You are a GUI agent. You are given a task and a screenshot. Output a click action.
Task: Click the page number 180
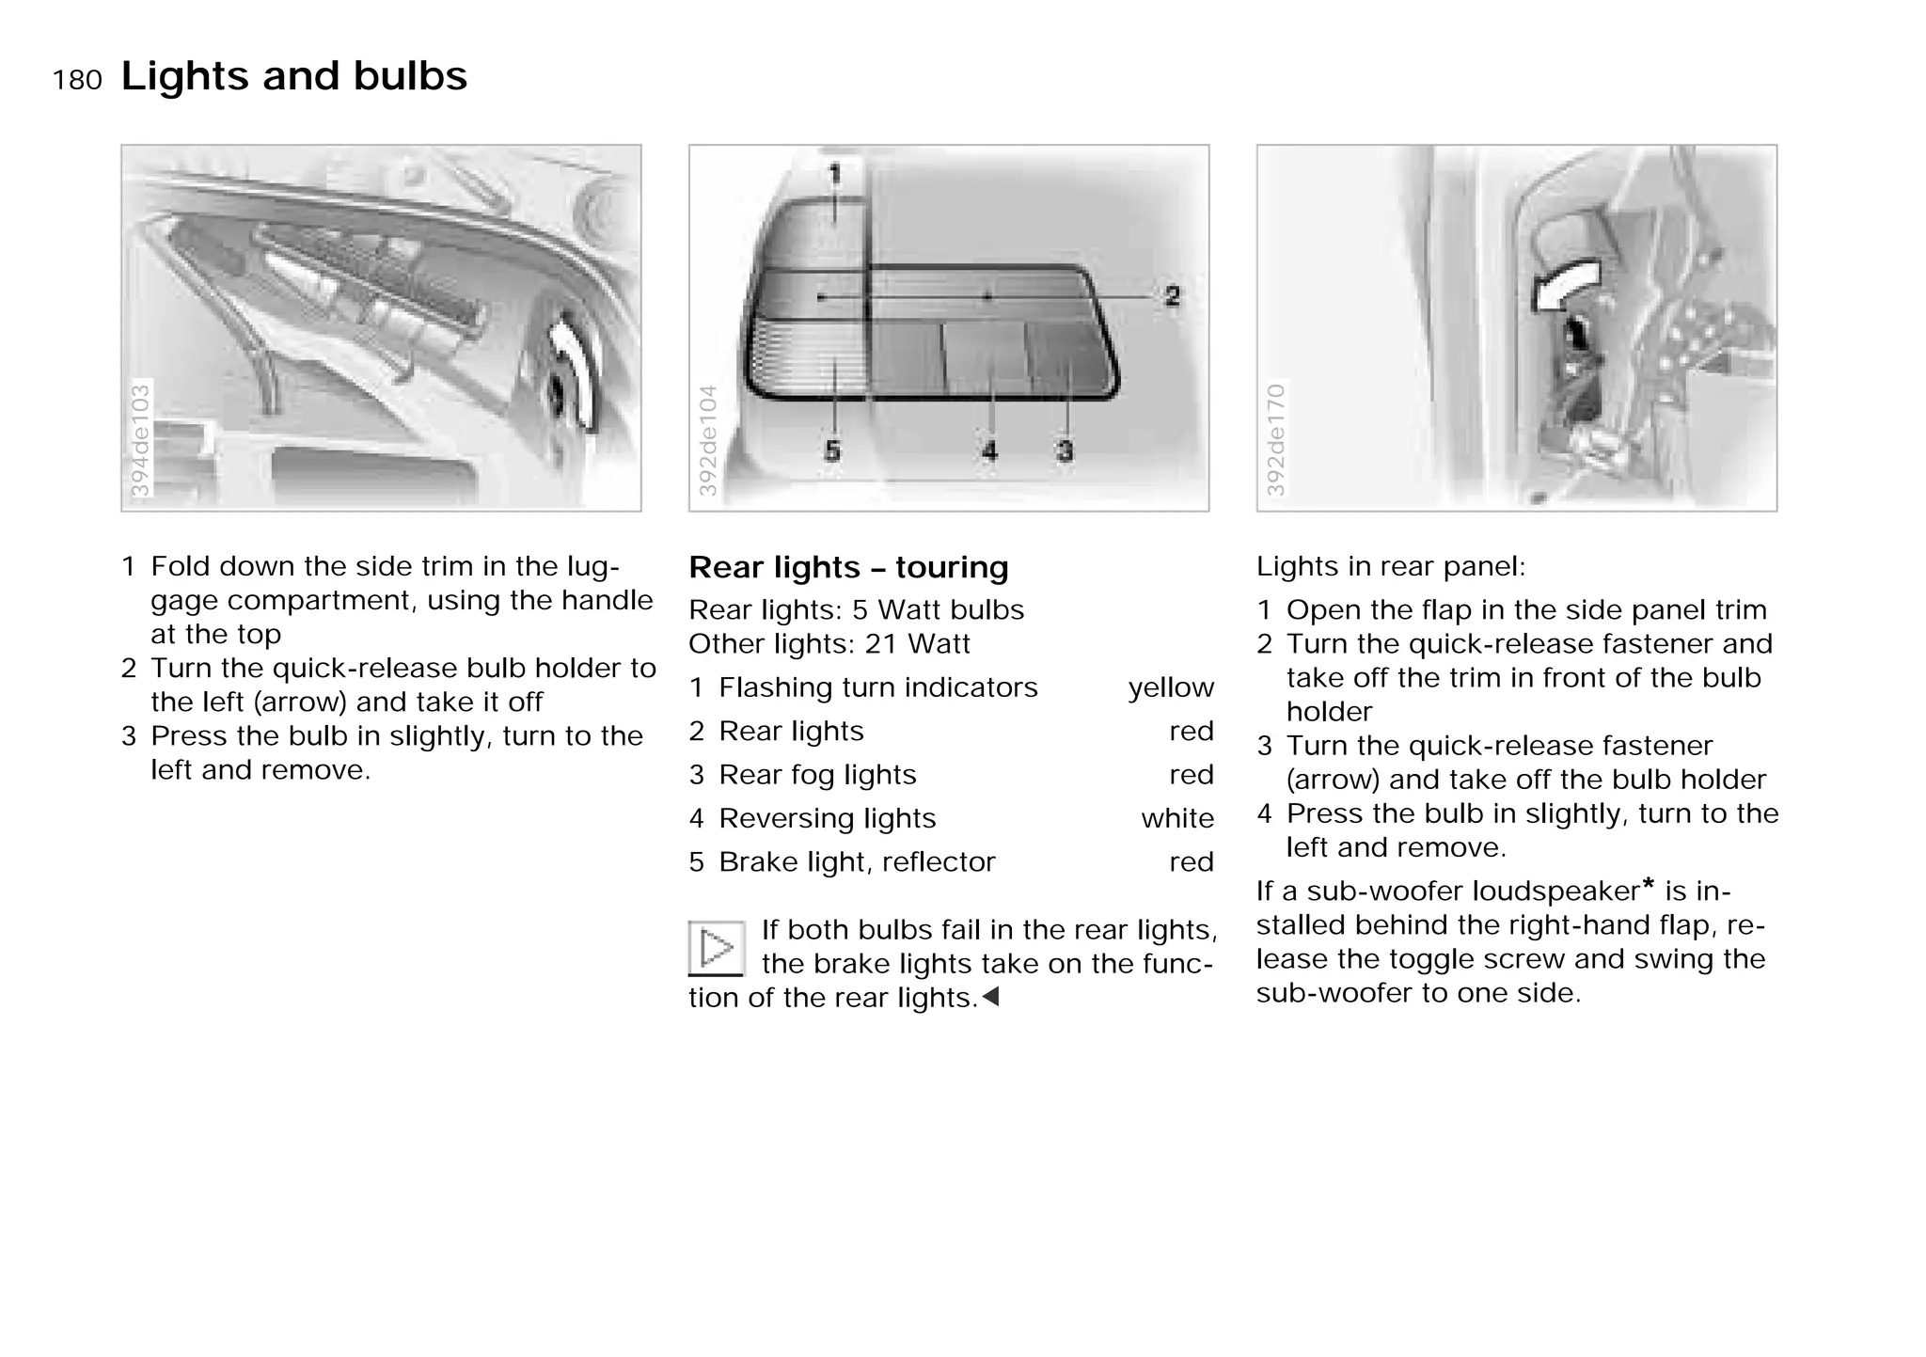(77, 80)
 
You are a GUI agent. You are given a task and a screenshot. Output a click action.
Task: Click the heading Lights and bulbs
(293, 76)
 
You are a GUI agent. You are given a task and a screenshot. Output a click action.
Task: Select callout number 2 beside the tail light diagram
(1172, 296)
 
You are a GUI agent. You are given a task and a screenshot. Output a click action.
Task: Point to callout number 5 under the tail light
(832, 451)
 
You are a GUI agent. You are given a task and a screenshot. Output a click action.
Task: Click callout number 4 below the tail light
(989, 451)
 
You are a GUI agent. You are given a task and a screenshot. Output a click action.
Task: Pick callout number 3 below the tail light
(1065, 451)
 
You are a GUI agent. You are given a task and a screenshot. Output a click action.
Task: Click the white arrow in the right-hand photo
(1564, 286)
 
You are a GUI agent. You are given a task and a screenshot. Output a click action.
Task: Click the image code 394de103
(139, 439)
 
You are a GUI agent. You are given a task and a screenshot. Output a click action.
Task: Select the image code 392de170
(1275, 439)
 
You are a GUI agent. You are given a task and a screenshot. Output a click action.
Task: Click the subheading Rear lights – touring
(848, 567)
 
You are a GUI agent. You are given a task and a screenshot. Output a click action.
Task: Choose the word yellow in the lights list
(1171, 687)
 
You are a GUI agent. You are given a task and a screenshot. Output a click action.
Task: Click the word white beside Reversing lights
(1177, 818)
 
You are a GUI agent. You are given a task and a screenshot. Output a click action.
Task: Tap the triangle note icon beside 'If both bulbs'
(717, 948)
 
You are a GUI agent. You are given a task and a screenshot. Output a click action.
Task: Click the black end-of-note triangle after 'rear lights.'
(990, 997)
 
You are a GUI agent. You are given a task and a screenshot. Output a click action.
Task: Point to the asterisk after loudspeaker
(1648, 885)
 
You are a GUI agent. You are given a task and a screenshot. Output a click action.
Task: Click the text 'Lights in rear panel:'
(1391, 566)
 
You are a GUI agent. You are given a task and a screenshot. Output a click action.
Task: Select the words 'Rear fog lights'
(817, 775)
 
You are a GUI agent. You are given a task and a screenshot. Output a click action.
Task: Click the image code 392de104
(707, 439)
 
